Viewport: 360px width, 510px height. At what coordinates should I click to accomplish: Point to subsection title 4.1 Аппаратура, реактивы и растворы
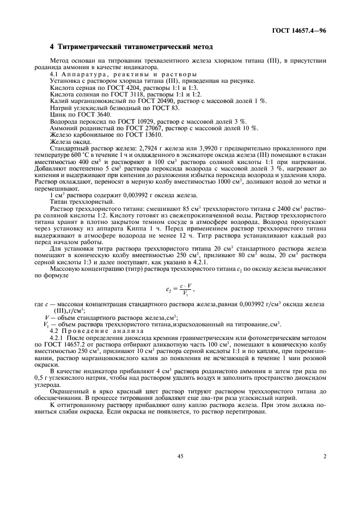tap(120, 74)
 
